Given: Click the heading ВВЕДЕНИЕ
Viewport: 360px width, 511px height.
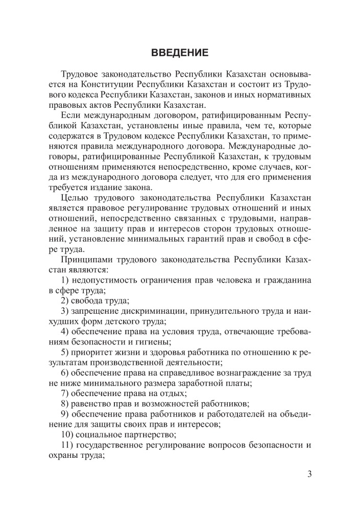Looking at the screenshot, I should tap(180, 53).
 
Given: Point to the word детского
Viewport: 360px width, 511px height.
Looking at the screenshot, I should tap(121, 322).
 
